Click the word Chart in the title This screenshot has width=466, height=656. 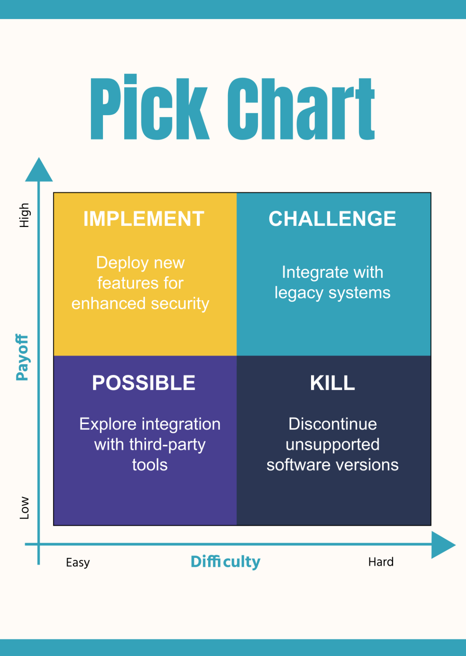[301, 109]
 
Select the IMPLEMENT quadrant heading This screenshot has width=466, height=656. [144, 219]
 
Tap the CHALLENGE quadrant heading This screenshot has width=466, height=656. [332, 219]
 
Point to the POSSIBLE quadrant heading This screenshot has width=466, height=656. [144, 383]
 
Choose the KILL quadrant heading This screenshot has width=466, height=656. [332, 383]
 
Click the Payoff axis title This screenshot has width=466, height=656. [22, 357]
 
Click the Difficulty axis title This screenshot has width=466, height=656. [225, 561]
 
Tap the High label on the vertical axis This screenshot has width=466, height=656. [24, 215]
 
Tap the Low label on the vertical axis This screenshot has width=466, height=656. [24, 507]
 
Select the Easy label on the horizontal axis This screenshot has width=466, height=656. [78, 562]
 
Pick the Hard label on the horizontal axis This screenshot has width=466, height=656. [381, 562]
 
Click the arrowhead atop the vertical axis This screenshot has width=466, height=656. [39, 171]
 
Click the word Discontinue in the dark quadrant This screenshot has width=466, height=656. [332, 424]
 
